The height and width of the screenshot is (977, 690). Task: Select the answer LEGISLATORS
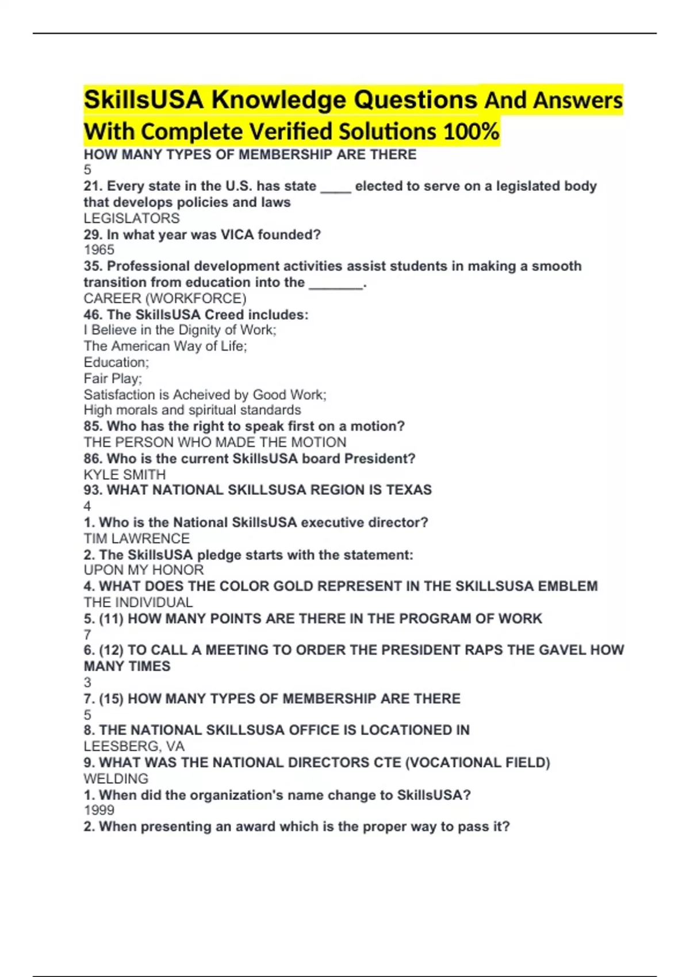pos(132,218)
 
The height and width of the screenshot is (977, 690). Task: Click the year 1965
pos(99,250)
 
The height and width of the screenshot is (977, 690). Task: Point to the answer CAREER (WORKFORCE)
pos(165,298)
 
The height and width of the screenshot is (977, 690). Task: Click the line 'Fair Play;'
pos(113,379)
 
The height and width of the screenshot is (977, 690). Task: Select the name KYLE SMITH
pos(125,475)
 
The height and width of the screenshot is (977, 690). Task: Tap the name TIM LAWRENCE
pos(137,538)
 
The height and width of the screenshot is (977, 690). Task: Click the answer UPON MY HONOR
pos(144,570)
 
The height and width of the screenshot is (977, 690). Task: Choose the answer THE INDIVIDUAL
pos(138,602)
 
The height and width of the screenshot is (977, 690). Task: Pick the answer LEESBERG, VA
pos(134,747)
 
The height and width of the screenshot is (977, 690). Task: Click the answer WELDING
pos(116,779)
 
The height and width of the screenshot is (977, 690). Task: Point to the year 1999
pos(99,810)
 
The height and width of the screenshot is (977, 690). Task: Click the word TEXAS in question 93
pos(408,490)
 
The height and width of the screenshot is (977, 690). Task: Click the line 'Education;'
pos(116,363)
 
